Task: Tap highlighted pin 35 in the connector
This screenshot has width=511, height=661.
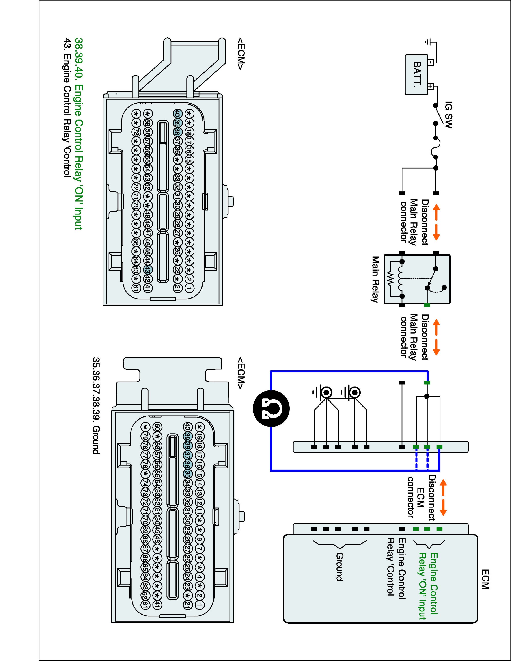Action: [x=188, y=473]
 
